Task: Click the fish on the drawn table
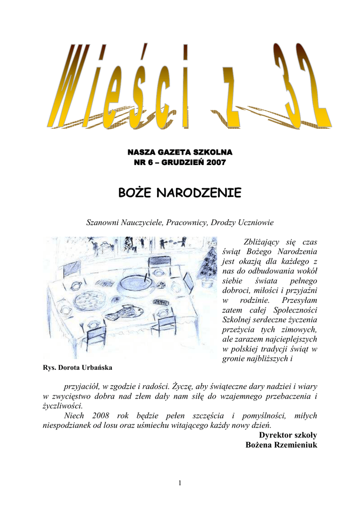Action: pos(124,312)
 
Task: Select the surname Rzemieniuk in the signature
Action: pos(294,444)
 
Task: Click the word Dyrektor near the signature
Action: pos(276,435)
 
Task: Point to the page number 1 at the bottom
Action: pos(180,483)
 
